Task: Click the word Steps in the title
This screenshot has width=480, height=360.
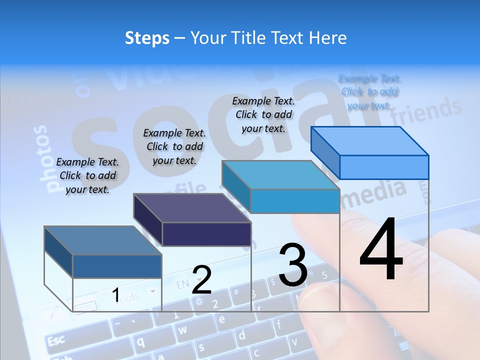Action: click(146, 38)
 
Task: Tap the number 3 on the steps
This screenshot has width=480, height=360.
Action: click(292, 265)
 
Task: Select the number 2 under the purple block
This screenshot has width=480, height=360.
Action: click(201, 280)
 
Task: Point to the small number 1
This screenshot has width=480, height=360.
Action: click(115, 295)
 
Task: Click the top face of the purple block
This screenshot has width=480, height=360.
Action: click(192, 207)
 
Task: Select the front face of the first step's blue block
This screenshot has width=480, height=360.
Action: click(117, 266)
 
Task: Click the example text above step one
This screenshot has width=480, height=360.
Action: click(87, 175)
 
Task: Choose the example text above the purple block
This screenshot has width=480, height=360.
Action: click(174, 146)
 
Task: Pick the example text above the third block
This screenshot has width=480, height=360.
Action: click(263, 114)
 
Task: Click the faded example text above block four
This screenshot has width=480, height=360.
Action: click(370, 92)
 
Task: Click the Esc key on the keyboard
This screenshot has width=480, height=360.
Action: click(55, 341)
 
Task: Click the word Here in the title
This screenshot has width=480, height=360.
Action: click(328, 38)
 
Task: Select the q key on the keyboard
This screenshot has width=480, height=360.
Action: click(141, 342)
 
